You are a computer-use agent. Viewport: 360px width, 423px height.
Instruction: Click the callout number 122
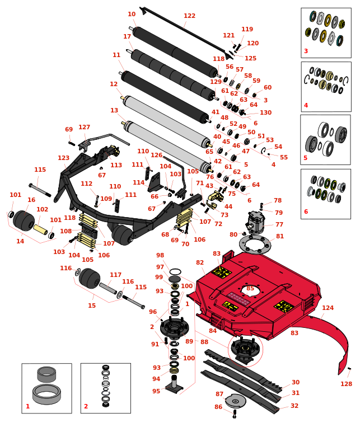pyautogui.click(x=189, y=16)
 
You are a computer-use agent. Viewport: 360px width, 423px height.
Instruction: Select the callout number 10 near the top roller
pyautogui.click(x=132, y=15)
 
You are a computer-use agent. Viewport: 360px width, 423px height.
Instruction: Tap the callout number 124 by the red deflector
pyautogui.click(x=328, y=308)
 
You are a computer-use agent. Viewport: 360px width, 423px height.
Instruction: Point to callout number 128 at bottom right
pyautogui.click(x=347, y=384)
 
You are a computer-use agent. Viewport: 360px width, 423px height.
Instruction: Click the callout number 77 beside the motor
pyautogui.click(x=279, y=224)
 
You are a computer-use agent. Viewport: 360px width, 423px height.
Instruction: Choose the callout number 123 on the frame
pyautogui.click(x=63, y=158)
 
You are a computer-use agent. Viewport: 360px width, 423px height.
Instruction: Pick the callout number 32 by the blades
pyautogui.click(x=294, y=406)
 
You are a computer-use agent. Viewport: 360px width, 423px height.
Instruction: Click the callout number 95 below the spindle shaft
pyautogui.click(x=156, y=391)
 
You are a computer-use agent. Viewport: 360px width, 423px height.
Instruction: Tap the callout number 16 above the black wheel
pyautogui.click(x=31, y=200)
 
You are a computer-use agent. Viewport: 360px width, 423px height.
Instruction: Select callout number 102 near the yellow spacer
pyautogui.click(x=43, y=209)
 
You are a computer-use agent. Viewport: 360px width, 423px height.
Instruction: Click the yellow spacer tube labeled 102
pyautogui.click(x=40, y=229)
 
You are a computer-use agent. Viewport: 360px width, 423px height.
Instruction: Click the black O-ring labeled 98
pyautogui.click(x=175, y=271)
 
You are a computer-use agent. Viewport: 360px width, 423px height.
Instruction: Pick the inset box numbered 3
pyautogui.click(x=326, y=33)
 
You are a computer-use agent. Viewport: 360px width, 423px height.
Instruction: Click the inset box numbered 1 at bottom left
pyautogui.click(x=46, y=389)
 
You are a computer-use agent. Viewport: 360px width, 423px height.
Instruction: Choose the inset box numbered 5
pyautogui.click(x=325, y=140)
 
